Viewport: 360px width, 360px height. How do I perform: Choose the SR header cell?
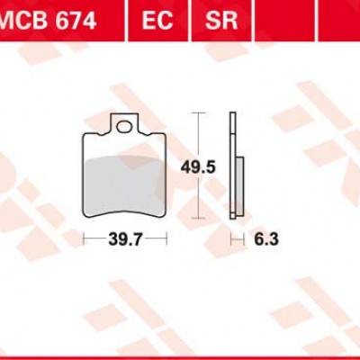click(221, 18)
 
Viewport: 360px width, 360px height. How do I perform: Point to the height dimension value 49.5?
click(211, 166)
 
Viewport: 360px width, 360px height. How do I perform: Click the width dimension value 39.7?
click(125, 240)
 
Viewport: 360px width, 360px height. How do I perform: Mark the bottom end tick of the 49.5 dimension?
click(198, 219)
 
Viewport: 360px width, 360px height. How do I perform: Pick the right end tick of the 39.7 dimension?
click(167, 240)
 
